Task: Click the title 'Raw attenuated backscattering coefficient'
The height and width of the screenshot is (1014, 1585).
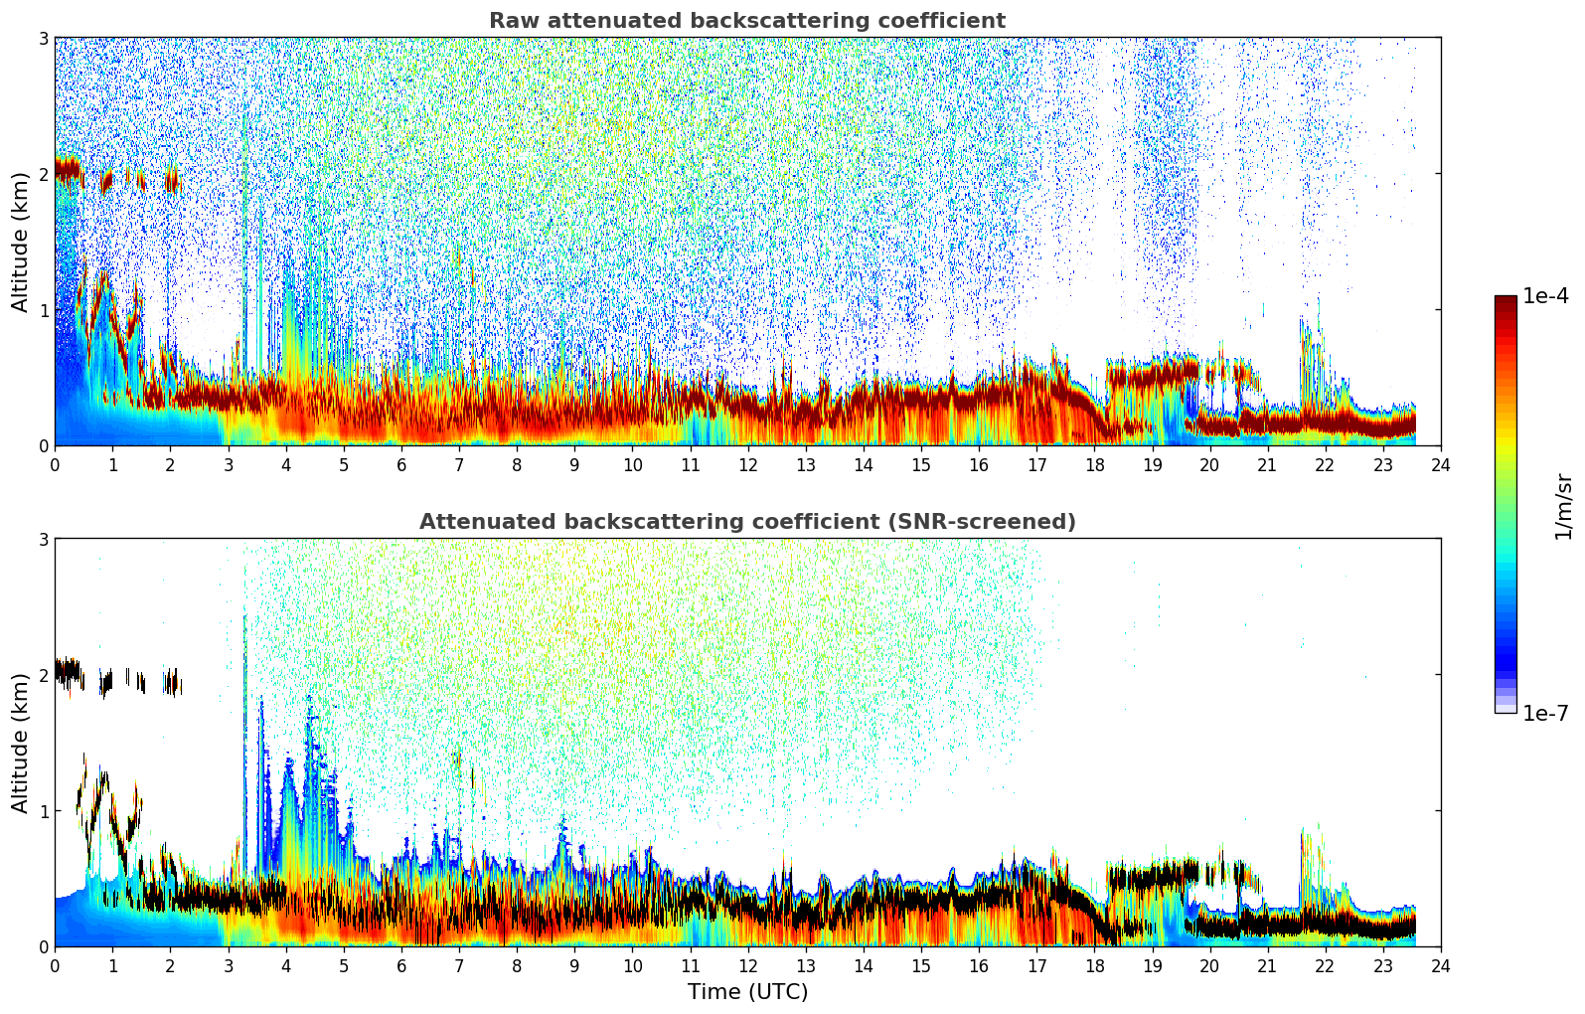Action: coord(746,21)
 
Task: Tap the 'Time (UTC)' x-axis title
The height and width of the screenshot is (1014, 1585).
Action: coord(747,991)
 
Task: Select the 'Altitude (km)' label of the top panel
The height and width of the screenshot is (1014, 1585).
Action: coord(21,242)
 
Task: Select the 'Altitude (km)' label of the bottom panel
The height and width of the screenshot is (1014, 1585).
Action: coord(21,743)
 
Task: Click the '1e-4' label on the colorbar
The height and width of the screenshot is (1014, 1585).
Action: coord(1545,296)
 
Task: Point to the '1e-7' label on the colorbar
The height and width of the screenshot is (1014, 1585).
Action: coord(1545,713)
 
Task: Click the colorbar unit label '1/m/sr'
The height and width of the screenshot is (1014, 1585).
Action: coord(1563,505)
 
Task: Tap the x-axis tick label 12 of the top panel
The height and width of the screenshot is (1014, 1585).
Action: coord(747,465)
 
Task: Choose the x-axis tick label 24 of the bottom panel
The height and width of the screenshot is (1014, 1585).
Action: coord(1441,966)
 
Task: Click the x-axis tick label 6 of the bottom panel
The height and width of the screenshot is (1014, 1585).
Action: coord(401,966)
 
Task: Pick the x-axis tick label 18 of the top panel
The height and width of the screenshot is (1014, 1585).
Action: coord(1094,465)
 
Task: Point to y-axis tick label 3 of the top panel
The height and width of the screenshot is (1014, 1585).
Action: coord(43,38)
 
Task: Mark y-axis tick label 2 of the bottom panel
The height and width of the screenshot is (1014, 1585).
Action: coord(43,675)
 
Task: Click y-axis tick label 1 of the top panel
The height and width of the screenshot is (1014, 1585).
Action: coord(43,310)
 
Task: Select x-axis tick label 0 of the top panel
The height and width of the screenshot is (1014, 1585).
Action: coord(55,465)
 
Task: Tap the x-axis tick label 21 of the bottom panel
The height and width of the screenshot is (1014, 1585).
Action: coord(1267,966)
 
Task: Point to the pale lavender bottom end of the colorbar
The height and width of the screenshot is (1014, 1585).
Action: coord(1506,708)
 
